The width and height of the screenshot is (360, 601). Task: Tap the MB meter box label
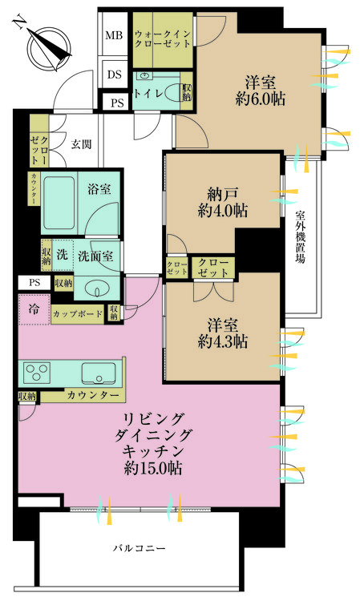tap(114, 36)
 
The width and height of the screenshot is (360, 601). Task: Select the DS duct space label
tap(114, 75)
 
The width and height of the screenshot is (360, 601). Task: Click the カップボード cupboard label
tap(77, 315)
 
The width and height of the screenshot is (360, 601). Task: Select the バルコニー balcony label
tap(138, 550)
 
